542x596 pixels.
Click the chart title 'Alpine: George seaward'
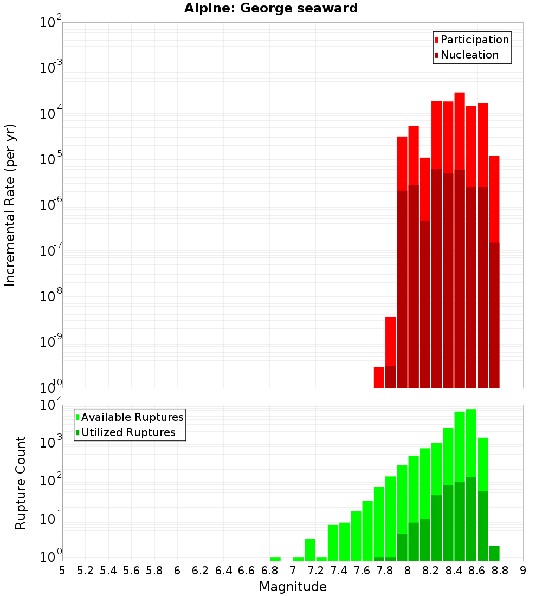271,9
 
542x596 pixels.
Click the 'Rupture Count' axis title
21,483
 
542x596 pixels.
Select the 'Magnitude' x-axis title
293,587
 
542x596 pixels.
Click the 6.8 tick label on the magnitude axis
269,571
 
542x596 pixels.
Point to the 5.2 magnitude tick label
85,571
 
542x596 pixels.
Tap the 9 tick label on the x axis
523,571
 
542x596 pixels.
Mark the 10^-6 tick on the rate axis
51,204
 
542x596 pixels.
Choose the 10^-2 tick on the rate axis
51,23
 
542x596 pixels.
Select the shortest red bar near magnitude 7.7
379,377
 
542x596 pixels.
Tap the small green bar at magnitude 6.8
275,559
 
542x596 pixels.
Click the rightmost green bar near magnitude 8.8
494,553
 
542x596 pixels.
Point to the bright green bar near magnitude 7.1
310,549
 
